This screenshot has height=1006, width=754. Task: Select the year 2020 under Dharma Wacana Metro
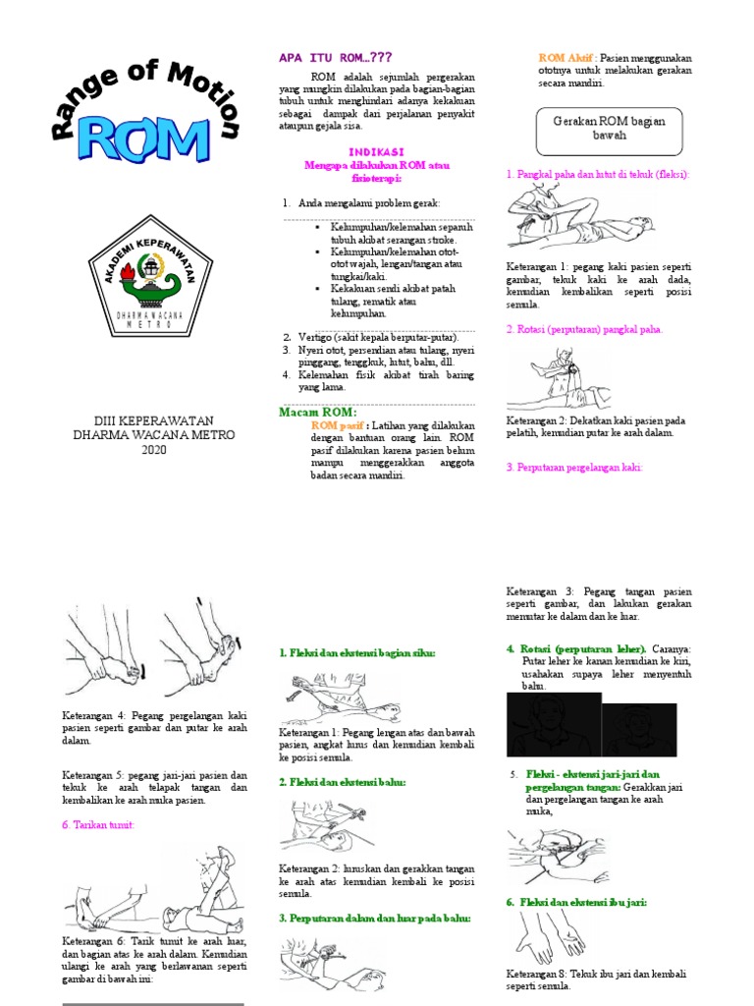[x=154, y=450]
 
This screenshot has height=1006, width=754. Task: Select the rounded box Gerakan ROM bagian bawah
[x=609, y=128]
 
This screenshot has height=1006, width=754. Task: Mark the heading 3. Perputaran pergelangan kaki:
[x=574, y=468]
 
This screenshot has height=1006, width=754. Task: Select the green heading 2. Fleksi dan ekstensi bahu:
[x=342, y=782]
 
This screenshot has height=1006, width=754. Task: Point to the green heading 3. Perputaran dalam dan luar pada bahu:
[x=374, y=918]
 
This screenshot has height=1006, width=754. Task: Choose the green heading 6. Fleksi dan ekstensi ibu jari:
[x=576, y=901]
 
